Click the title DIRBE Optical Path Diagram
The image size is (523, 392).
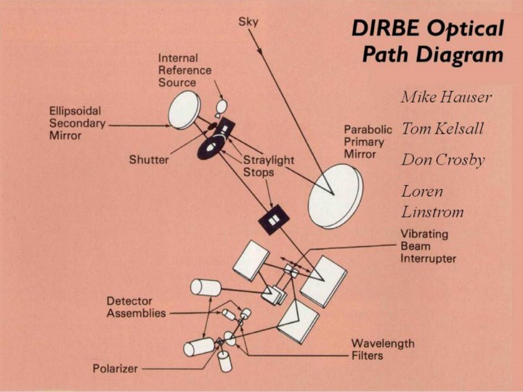point(427,41)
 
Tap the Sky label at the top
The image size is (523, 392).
point(248,23)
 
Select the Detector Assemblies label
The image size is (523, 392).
point(136,307)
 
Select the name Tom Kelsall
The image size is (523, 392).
point(442,129)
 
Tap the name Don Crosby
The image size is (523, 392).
point(442,160)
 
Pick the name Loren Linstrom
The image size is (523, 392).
point(432,202)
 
